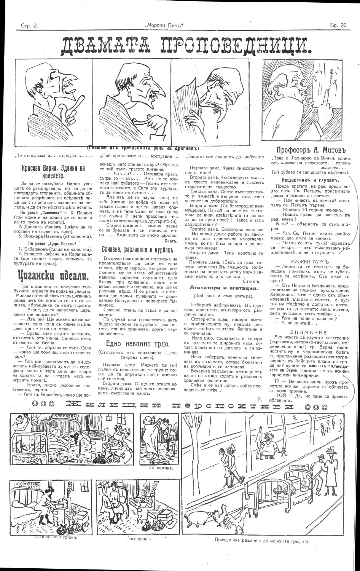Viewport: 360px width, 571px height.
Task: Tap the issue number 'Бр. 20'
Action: pyautogui.click(x=338, y=26)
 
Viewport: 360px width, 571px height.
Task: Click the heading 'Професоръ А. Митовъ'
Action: pyautogui.click(x=308, y=150)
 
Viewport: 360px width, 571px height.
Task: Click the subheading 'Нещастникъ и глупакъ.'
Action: pyautogui.click(x=305, y=179)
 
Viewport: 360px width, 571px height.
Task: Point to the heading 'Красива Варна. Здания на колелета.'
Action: pyautogui.click(x=53, y=172)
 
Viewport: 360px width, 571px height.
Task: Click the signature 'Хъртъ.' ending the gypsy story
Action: pyautogui.click(x=172, y=241)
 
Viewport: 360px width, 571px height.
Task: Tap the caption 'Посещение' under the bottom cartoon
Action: pyautogui.click(x=138, y=539)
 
